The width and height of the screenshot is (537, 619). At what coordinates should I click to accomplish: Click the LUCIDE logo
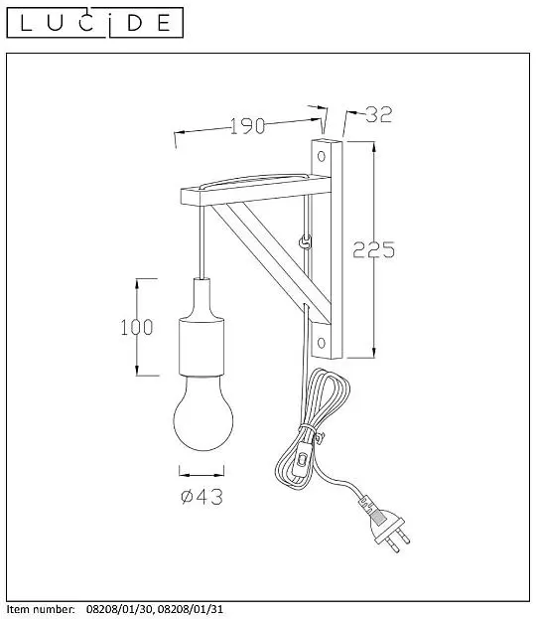(x=95, y=23)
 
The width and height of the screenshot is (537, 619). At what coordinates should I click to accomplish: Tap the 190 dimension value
(x=247, y=126)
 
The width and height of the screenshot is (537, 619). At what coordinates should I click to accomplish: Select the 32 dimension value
(x=379, y=114)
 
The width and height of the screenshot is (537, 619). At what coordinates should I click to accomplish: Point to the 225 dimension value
(x=373, y=249)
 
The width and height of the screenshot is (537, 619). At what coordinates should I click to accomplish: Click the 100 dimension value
(x=137, y=327)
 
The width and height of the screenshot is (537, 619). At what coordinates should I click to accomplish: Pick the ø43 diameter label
(x=201, y=497)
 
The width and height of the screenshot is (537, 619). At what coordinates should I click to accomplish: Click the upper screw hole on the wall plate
(x=322, y=156)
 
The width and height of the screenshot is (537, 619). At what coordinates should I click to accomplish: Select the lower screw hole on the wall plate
(x=322, y=343)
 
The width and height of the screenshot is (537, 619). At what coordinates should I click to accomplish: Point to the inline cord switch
(x=303, y=459)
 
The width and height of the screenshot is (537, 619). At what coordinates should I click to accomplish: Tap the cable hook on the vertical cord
(x=305, y=241)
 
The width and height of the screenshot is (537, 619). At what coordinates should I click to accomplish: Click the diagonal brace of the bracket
(x=271, y=262)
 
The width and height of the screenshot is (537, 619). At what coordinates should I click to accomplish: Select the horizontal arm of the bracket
(x=255, y=191)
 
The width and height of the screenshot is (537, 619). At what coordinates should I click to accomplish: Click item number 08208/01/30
(x=119, y=609)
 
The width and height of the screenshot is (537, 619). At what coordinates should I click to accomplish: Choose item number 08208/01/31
(x=191, y=609)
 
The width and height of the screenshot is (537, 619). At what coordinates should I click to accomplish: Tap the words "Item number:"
(x=41, y=609)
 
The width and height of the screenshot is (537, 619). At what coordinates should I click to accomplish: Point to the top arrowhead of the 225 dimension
(x=374, y=146)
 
